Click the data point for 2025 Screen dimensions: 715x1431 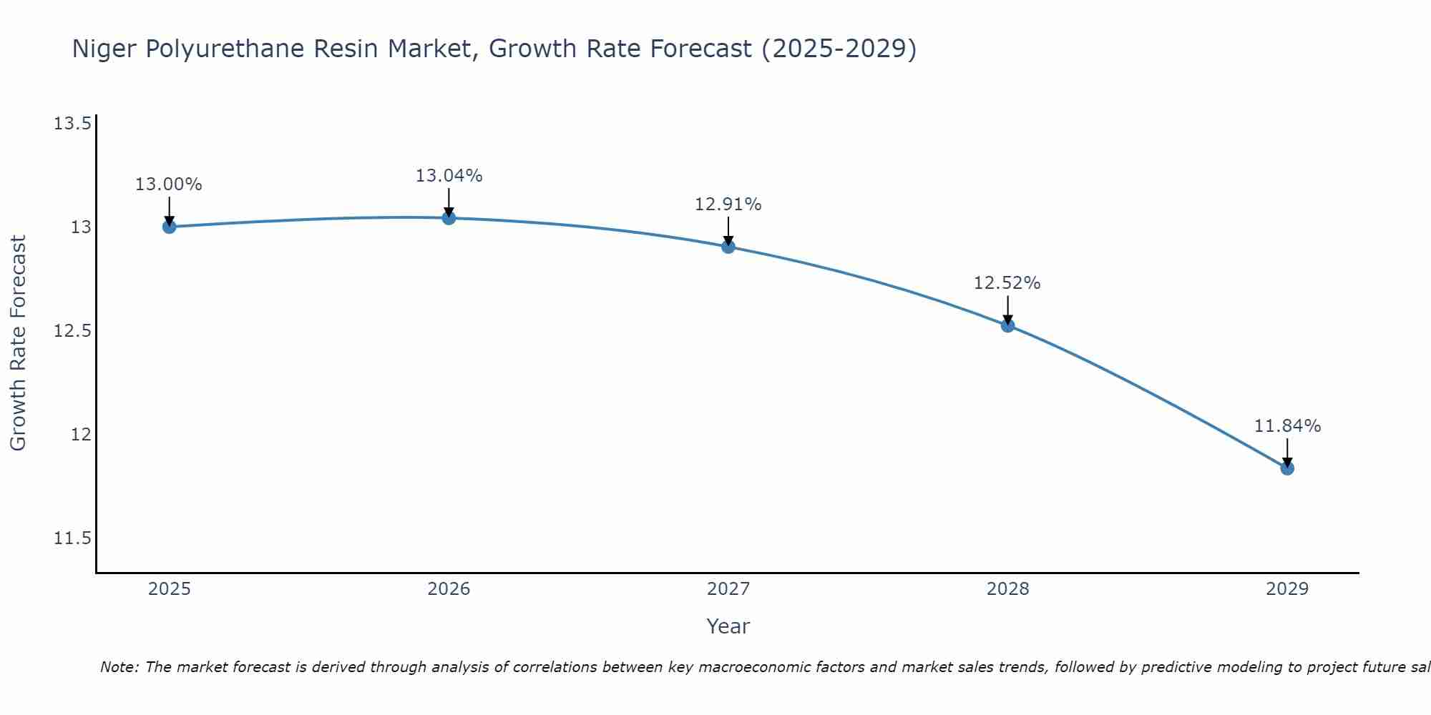[169, 227]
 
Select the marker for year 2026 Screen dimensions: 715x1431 [449, 218]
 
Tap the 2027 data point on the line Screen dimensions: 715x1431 [728, 247]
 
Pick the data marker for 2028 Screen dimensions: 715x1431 [1007, 325]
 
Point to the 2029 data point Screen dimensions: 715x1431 [1287, 468]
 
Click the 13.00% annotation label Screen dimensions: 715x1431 [169, 184]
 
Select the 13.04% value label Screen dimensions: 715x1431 [449, 176]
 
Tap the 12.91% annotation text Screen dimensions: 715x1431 [728, 204]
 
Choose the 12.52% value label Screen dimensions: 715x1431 [1007, 283]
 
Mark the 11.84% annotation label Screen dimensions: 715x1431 [1287, 426]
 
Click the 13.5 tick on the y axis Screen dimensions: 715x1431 [72, 124]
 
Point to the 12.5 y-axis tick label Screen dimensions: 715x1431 [72, 331]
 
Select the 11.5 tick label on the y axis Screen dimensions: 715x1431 [72, 538]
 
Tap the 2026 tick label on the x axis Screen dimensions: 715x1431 [449, 589]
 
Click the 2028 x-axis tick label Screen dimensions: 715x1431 [1007, 589]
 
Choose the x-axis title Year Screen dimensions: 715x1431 [728, 626]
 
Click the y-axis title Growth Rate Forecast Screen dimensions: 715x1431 [18, 343]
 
